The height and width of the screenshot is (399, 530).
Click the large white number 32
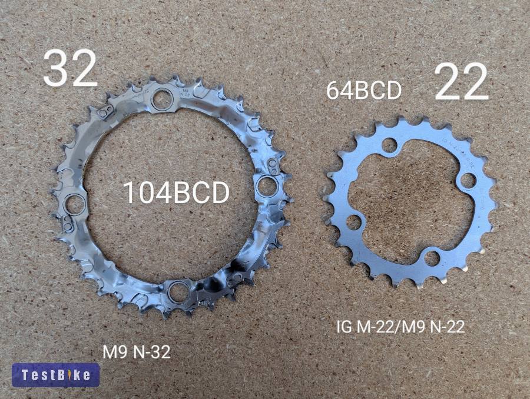70,69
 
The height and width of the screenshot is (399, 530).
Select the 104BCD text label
175,193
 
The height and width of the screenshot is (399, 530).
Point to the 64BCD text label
364,91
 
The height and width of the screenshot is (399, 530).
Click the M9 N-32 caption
137,352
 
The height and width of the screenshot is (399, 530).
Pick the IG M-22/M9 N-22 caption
400,327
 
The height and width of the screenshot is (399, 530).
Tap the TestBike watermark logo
56,375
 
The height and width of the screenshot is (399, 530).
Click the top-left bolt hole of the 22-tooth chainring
388,145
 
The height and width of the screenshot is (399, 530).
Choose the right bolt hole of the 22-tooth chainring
468,179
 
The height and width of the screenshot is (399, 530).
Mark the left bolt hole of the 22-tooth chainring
353,222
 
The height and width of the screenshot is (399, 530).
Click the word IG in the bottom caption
343,327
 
